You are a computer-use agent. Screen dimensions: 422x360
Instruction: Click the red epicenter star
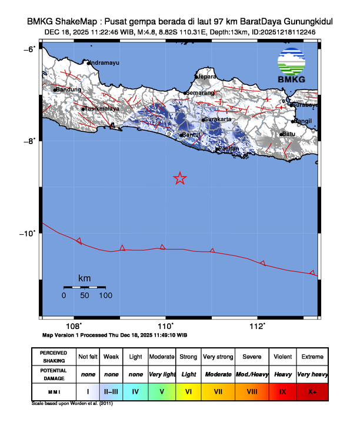point(180,178)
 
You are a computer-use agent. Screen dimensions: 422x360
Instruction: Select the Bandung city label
point(69,89)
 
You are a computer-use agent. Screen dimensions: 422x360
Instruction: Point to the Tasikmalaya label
point(102,109)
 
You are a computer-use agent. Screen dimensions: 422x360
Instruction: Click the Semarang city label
point(201,92)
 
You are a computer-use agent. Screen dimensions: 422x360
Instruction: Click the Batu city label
point(289,134)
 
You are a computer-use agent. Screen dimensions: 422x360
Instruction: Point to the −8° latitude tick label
point(30,141)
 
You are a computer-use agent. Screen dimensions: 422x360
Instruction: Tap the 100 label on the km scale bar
point(106,295)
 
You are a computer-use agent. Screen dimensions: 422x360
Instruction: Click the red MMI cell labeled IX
point(282,390)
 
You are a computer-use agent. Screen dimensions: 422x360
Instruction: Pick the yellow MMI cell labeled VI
point(188,390)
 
